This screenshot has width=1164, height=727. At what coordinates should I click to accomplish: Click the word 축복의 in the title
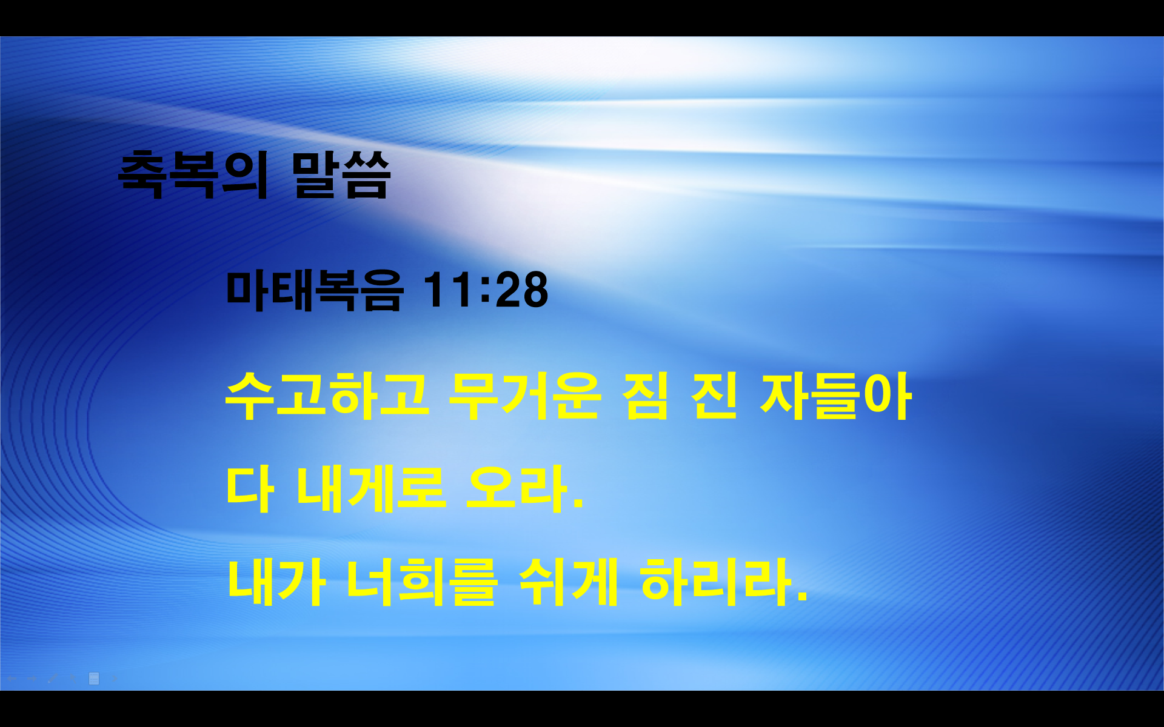tap(193, 175)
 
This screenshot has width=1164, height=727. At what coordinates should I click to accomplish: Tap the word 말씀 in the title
tap(341, 175)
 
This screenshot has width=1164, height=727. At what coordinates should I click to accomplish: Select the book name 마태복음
tap(314, 290)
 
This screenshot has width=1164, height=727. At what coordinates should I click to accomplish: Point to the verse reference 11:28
tap(485, 290)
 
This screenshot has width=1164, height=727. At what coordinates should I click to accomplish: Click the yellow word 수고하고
tap(327, 396)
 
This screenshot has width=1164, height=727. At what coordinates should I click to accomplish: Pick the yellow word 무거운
tap(524, 396)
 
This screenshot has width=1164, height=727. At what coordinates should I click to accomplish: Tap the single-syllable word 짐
tap(645, 396)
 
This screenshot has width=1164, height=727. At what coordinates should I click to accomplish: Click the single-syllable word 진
tap(714, 396)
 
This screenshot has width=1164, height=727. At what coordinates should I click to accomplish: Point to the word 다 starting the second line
tap(250, 489)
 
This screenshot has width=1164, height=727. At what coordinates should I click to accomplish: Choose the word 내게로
tap(371, 489)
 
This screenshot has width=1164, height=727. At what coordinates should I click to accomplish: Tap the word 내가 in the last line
tap(276, 582)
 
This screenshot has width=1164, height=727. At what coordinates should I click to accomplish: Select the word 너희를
tap(422, 582)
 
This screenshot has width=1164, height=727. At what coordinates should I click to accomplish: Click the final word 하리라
tap(721, 582)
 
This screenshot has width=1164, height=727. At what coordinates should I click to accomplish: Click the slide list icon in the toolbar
tap(94, 679)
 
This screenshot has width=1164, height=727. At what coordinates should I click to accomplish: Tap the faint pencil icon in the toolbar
tap(53, 679)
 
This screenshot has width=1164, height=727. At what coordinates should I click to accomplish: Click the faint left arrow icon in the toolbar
tap(12, 679)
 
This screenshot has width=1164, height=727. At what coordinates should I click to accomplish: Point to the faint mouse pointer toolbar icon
tap(73, 679)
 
